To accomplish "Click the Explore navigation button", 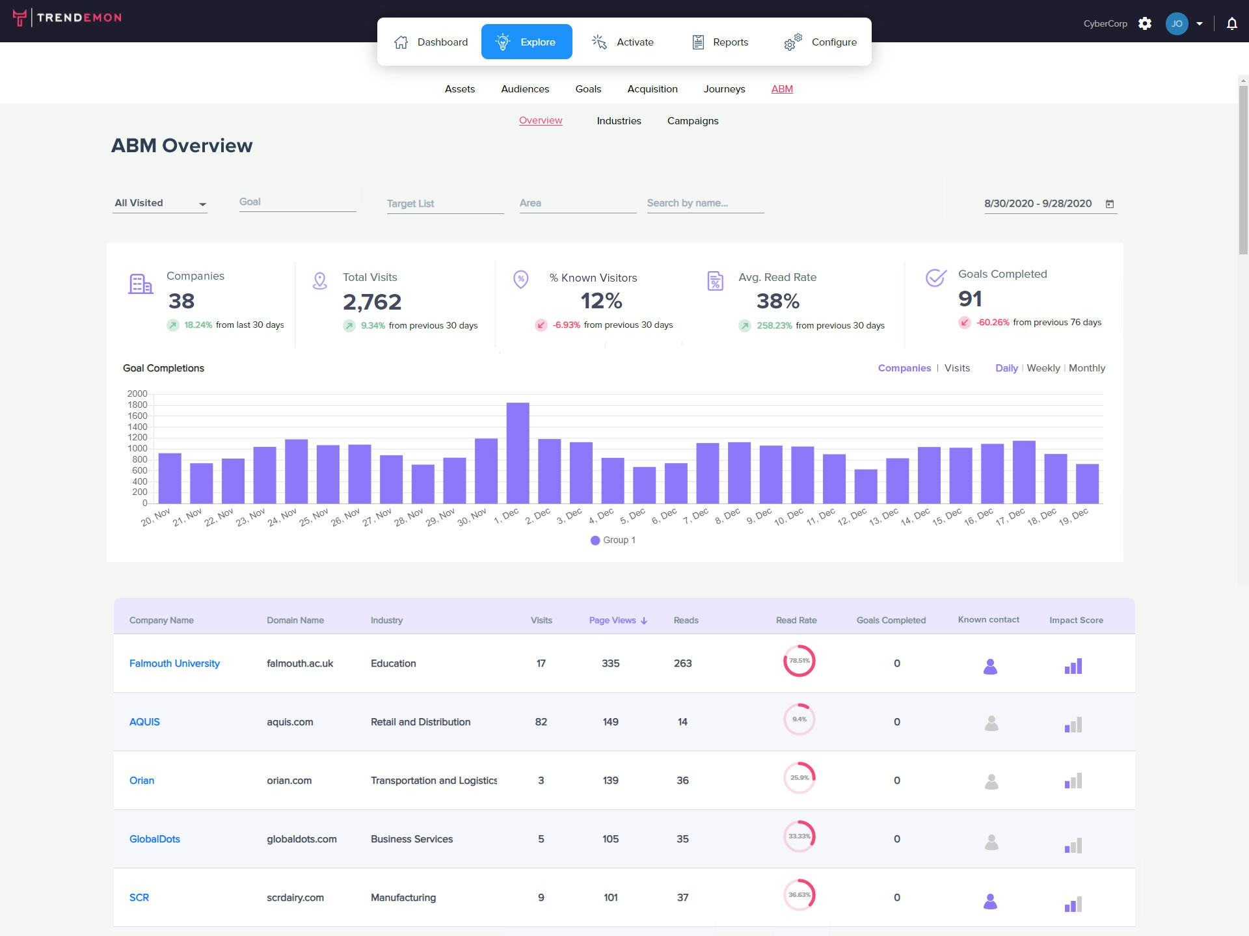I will point(526,42).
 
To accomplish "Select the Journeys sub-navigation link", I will point(724,89).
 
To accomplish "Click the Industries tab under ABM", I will point(619,121).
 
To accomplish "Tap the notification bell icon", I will point(1231,24).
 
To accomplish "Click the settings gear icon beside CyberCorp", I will point(1145,24).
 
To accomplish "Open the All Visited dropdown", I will point(160,203).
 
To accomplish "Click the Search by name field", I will point(705,203).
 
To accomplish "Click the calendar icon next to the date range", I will point(1110,204).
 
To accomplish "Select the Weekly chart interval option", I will point(1043,368).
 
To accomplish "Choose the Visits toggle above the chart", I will point(957,368).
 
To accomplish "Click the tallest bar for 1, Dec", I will point(518,453).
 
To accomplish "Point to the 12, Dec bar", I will point(865,486).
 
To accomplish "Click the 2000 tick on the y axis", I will point(137,394).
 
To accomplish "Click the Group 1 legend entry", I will point(613,540).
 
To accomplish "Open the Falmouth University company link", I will point(174,663).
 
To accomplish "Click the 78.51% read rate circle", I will point(799,661).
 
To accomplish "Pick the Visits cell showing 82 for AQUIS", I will point(541,722).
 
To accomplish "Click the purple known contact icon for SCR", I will point(990,901).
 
